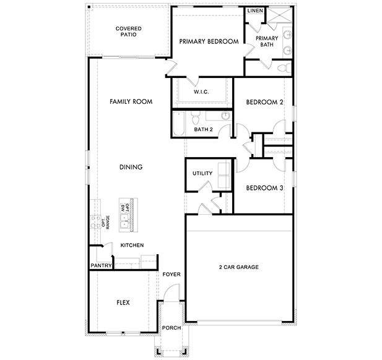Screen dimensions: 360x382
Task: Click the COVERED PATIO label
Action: pos(129,32)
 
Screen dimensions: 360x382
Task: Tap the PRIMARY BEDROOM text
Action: pos(209,41)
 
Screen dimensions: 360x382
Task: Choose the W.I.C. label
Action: pos(201,92)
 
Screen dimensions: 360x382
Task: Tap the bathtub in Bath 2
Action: pos(177,122)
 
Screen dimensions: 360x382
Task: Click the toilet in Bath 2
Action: pos(195,117)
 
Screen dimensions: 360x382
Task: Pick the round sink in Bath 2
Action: pos(224,116)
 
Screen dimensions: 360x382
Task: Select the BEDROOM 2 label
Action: pos(264,102)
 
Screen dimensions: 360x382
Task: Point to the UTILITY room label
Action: pos(202,173)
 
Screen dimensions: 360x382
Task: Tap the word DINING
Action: pos(131,167)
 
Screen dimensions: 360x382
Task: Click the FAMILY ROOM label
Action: pos(131,101)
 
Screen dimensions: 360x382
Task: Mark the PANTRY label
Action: pos(100,266)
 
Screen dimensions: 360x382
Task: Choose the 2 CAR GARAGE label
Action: pos(238,267)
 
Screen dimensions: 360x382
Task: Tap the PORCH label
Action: pos(170,328)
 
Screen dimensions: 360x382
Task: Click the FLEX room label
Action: pos(123,302)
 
